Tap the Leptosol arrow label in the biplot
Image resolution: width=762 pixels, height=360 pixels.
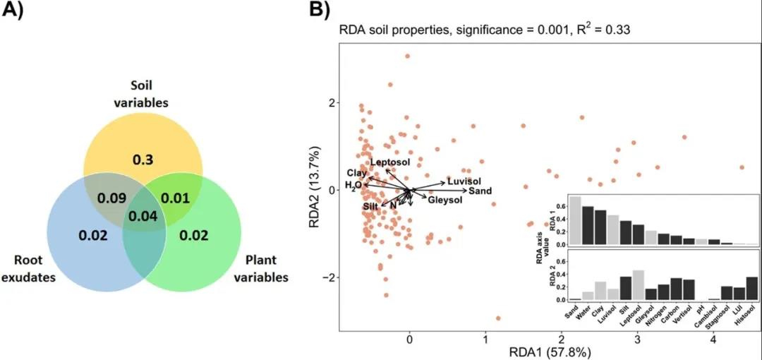coord(390,163)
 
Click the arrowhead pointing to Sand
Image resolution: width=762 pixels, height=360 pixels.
coord(467,191)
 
